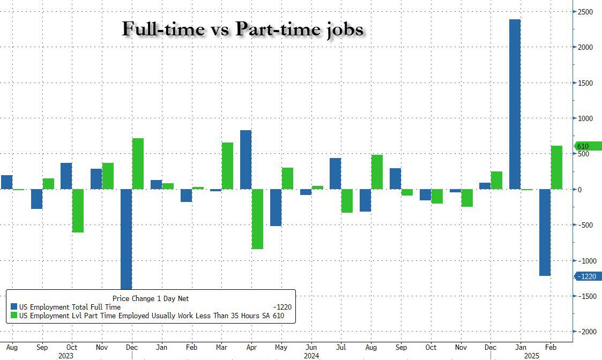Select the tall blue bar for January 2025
[515, 104]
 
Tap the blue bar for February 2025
[545, 232]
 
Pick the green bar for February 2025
[556, 167]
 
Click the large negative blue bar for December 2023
[126, 239]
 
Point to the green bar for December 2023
[138, 163]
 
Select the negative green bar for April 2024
[257, 219]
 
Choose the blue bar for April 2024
[246, 160]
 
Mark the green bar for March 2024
[227, 166]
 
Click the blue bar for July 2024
[335, 174]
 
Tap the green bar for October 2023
[78, 211]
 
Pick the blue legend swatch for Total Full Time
[14, 307]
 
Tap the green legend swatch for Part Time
[14, 316]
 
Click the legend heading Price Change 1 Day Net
[151, 298]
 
